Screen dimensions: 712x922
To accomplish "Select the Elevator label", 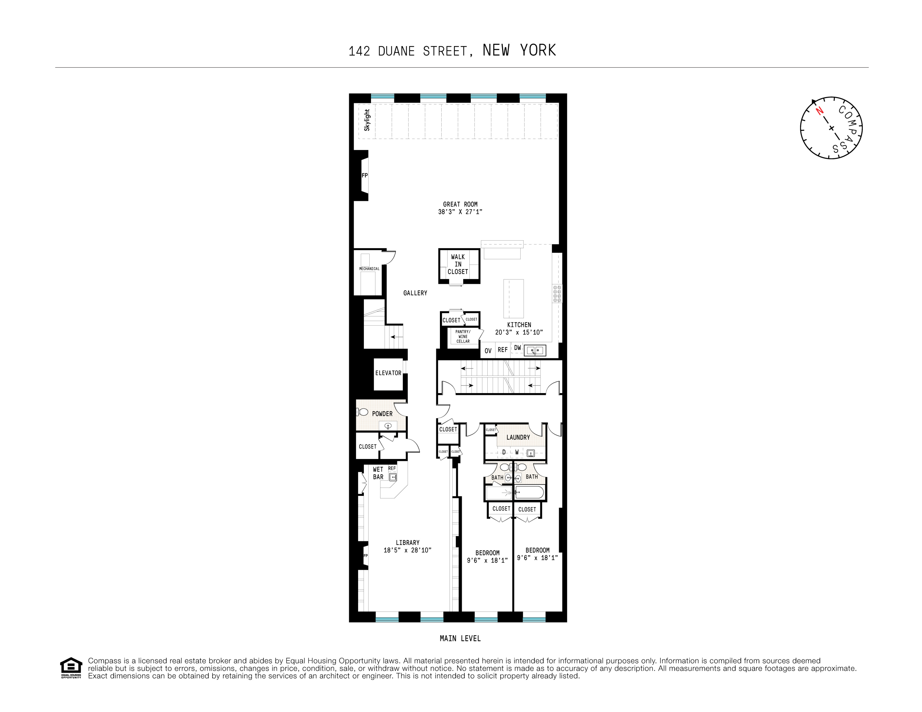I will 388,373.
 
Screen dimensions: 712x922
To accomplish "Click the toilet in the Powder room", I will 362,412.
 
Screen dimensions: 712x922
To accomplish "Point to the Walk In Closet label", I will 458,264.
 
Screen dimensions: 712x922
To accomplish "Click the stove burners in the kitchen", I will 557,293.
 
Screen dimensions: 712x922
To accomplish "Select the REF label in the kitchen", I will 502,350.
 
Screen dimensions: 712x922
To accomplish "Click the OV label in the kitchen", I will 488,351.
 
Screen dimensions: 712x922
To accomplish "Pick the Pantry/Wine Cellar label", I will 463,337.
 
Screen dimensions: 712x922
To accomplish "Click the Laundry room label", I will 518,437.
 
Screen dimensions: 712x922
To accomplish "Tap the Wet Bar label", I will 378,473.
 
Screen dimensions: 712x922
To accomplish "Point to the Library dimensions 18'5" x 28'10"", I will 407,550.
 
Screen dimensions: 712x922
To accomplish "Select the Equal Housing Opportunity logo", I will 71,668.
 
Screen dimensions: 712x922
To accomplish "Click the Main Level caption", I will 460,638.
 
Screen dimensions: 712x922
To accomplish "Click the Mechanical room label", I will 369,268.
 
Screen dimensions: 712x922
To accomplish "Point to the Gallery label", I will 415,293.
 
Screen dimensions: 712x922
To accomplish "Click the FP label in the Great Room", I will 365,176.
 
